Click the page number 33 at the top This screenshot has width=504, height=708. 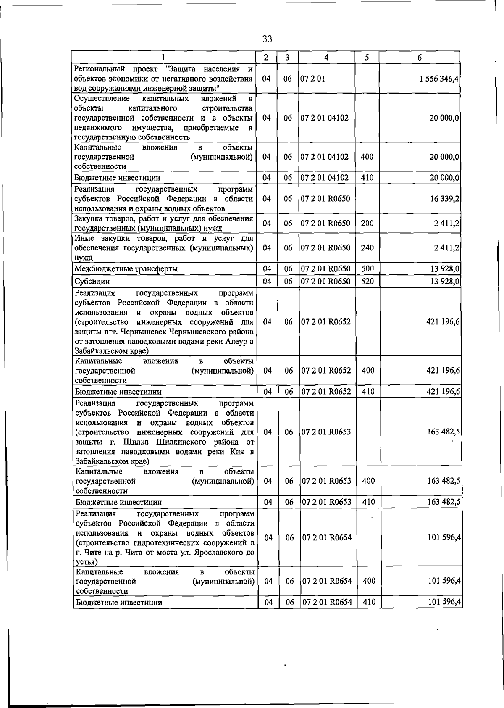tap(267, 39)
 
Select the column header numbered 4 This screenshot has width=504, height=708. tap(326, 58)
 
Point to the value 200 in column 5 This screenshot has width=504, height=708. tap(367, 223)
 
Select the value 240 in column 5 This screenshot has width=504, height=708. tap(367, 247)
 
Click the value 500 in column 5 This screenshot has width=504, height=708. tap(367, 268)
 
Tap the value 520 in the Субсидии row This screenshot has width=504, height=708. tap(367, 281)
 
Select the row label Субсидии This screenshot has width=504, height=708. tap(92, 282)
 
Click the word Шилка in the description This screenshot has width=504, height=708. tap(138, 442)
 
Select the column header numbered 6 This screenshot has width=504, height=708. tap(420, 58)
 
